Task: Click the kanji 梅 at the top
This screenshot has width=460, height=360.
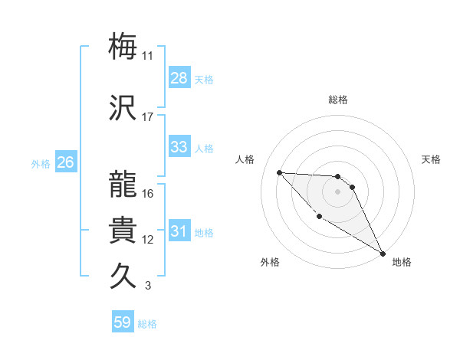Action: click(x=123, y=46)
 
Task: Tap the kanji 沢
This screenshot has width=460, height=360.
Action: click(x=123, y=107)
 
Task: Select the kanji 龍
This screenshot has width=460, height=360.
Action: click(x=123, y=184)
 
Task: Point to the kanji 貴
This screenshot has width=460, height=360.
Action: click(x=123, y=230)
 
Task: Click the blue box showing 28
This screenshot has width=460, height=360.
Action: click(x=179, y=78)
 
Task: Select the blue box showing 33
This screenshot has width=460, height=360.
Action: click(x=179, y=148)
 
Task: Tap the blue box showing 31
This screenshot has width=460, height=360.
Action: click(x=179, y=232)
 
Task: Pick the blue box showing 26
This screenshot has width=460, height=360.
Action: click(x=66, y=162)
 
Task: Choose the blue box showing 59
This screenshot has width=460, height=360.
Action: click(x=123, y=322)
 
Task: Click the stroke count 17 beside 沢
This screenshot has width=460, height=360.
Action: click(x=148, y=117)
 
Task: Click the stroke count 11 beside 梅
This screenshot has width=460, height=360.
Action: click(x=148, y=56)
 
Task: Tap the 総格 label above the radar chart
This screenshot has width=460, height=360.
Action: click(x=338, y=100)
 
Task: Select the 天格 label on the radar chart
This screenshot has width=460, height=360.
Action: click(x=431, y=159)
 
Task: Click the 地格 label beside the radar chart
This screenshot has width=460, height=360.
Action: click(x=402, y=262)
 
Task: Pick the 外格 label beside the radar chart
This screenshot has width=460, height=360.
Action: click(x=270, y=262)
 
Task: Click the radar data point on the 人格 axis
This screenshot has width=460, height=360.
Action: click(x=279, y=172)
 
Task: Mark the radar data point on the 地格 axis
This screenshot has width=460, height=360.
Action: click(x=383, y=254)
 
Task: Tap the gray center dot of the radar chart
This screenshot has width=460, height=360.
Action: click(x=337, y=191)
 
